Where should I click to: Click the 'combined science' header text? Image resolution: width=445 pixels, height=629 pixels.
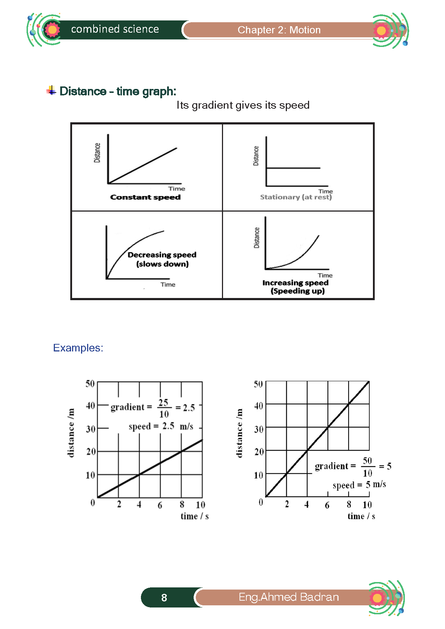115,29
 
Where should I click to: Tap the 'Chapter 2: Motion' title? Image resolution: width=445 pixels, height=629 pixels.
279,30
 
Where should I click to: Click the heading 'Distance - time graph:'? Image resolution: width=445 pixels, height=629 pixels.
118,91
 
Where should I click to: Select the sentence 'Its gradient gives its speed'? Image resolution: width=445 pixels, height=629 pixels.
243,105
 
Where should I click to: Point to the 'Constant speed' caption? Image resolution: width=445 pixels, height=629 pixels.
145,197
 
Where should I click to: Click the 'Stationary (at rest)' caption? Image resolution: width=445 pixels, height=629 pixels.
296,197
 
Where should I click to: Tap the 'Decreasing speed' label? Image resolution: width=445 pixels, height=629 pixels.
162,255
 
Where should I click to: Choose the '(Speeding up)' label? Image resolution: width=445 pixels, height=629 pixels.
298,291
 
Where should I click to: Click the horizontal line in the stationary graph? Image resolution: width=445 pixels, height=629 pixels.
293,168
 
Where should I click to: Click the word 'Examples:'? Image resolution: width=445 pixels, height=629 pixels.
78,348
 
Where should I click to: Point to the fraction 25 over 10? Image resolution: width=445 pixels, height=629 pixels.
164,408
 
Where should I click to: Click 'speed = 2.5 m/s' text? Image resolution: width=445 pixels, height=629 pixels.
161,426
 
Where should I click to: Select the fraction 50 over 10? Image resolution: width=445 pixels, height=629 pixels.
367,467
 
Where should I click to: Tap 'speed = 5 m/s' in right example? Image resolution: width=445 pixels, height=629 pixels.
359,485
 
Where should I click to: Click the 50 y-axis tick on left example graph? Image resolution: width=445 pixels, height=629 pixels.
90,384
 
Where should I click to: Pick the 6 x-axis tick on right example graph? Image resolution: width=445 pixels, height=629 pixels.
327,505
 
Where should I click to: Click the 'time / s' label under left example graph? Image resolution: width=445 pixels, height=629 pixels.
194,516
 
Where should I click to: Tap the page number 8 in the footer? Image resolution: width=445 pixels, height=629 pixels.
164,597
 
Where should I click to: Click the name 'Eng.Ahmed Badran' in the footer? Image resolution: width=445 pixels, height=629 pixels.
289,597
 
